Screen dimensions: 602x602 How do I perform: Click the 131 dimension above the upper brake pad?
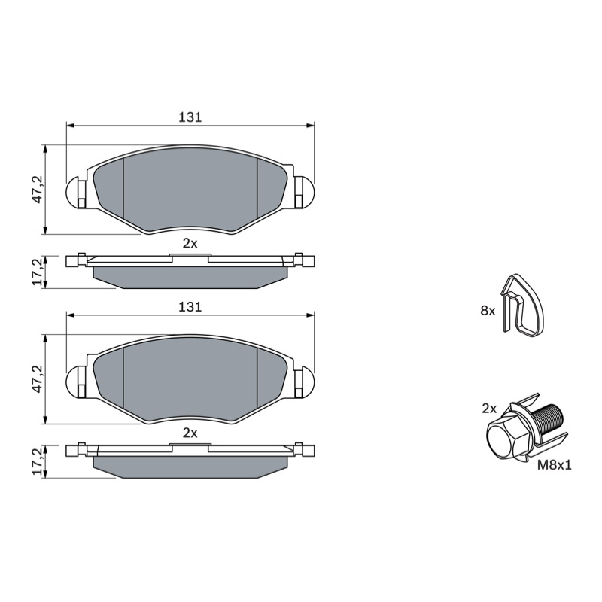190,117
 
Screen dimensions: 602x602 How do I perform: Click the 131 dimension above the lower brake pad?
190,307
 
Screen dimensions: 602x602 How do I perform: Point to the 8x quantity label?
488,311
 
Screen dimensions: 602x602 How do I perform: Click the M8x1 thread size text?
555,465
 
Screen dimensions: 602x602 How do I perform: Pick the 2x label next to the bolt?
489,409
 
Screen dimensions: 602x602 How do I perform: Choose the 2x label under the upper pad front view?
190,243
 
